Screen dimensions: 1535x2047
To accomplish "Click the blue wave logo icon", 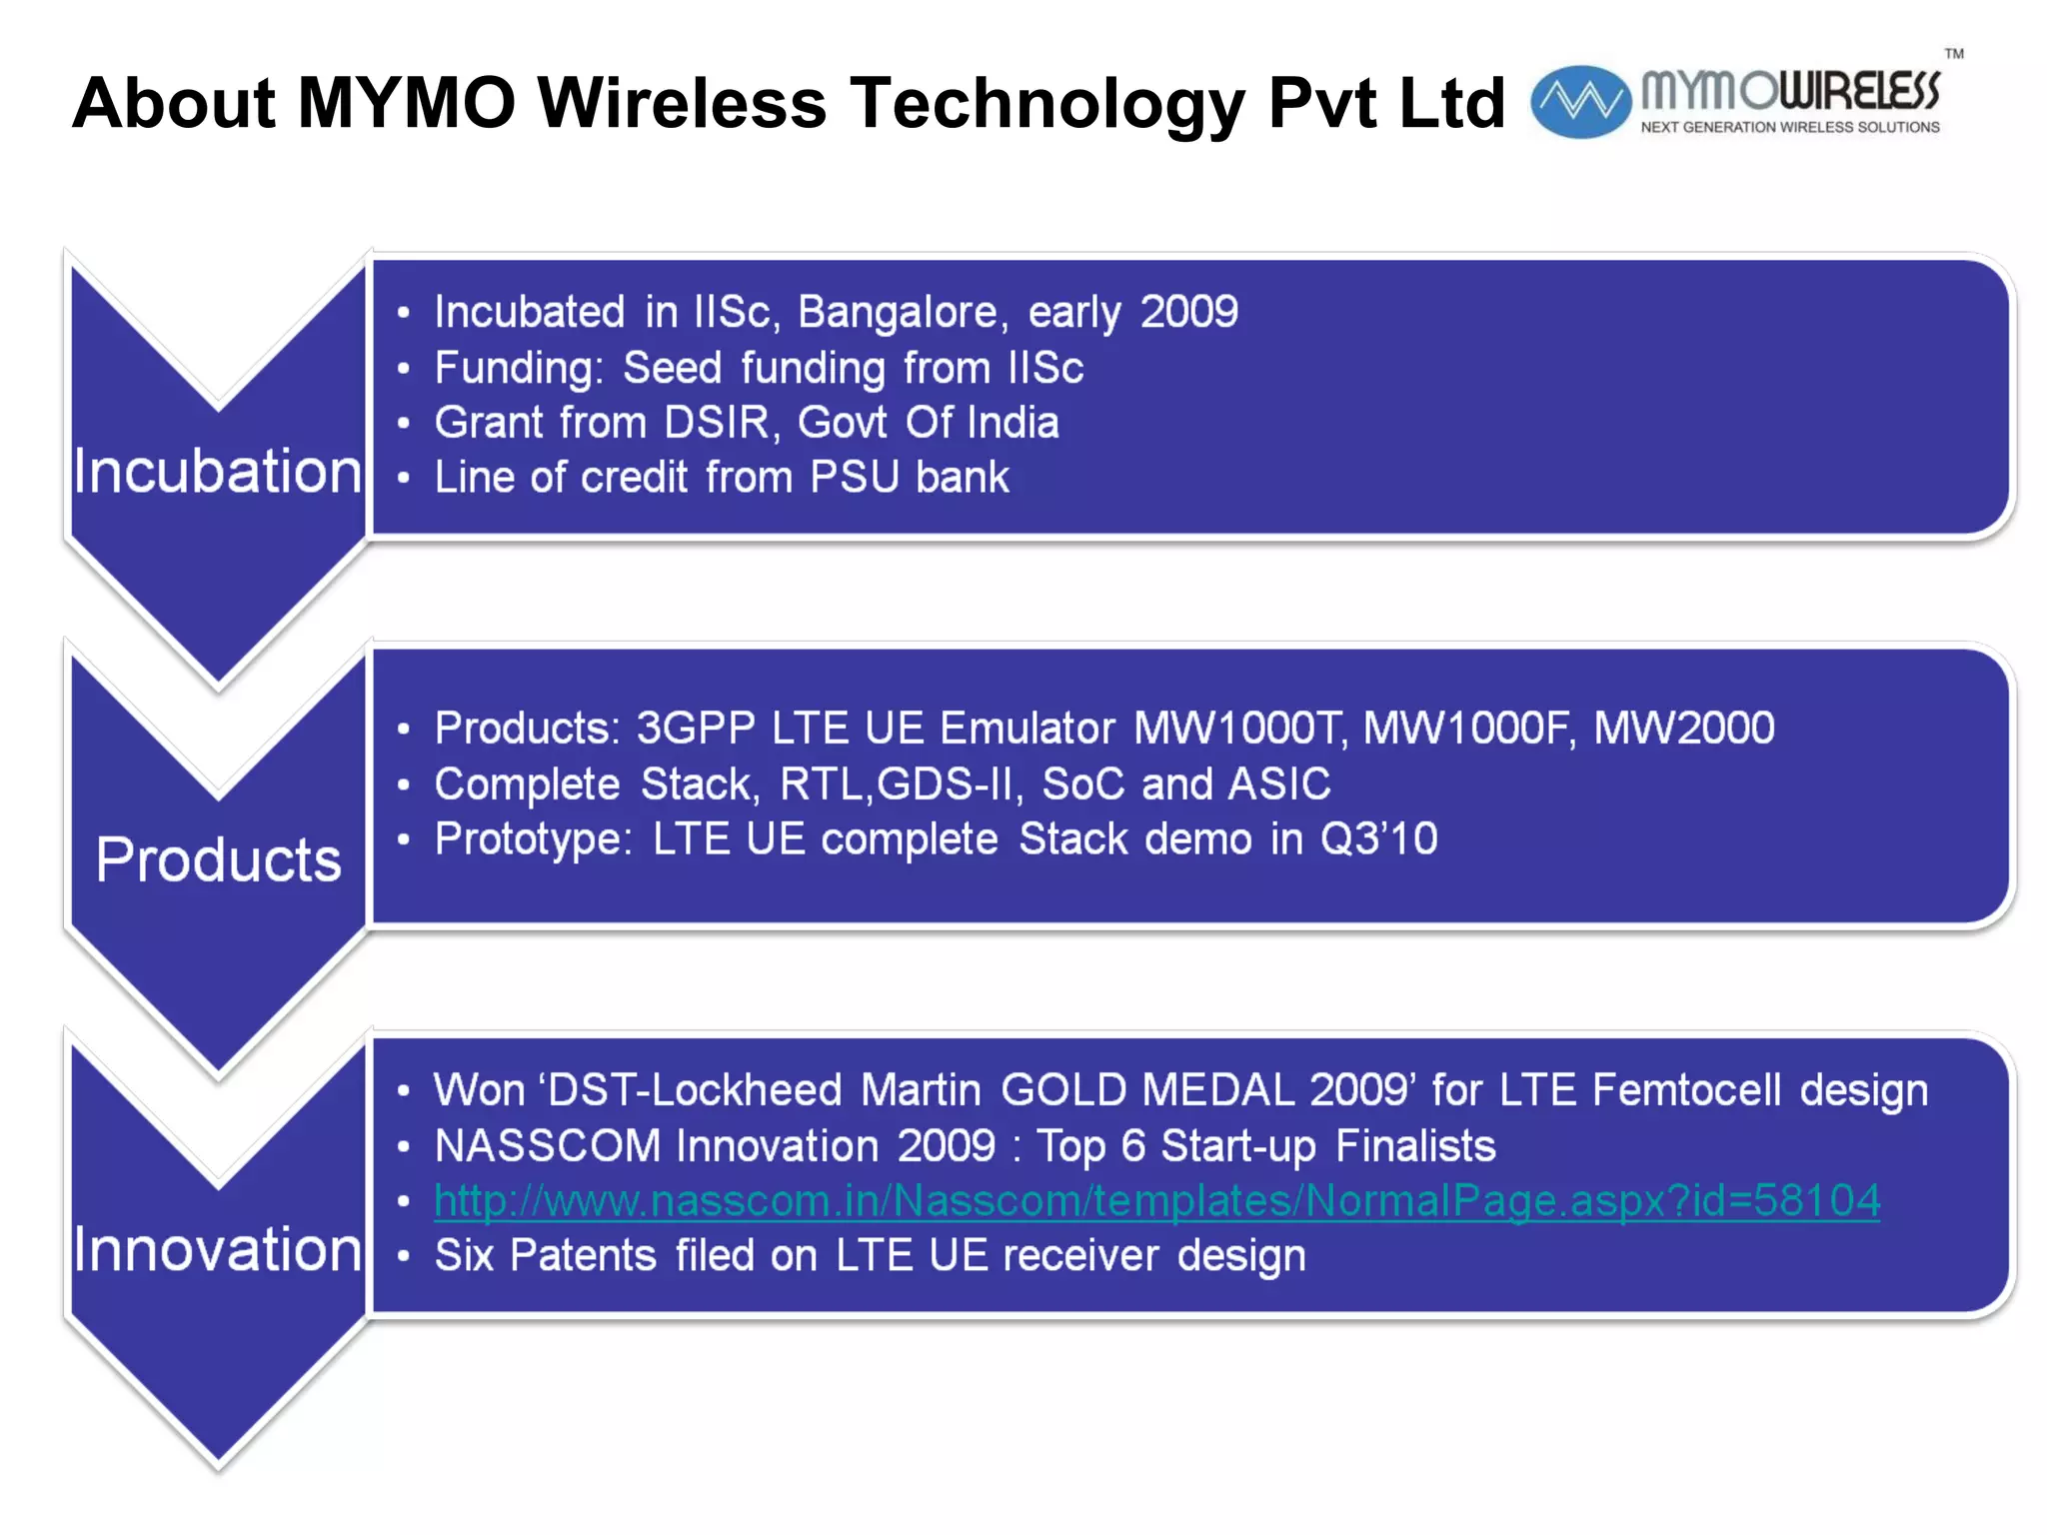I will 1580,101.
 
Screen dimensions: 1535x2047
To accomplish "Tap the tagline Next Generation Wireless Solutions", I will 1789,128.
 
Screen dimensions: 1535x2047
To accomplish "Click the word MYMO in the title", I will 407,103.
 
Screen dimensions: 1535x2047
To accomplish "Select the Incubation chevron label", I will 218,472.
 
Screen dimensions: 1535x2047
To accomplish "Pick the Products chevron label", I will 218,859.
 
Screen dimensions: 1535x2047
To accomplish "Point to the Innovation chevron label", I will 218,1249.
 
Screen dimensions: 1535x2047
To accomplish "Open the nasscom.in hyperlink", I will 1156,1200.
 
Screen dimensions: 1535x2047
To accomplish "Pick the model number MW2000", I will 1683,728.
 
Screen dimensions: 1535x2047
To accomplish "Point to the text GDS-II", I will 950,783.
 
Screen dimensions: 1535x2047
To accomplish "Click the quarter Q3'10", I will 1378,838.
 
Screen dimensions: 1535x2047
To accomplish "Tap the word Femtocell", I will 1686,1090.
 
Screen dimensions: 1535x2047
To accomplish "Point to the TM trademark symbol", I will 1953,54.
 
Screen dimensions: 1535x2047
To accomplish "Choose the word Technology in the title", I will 1047,103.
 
